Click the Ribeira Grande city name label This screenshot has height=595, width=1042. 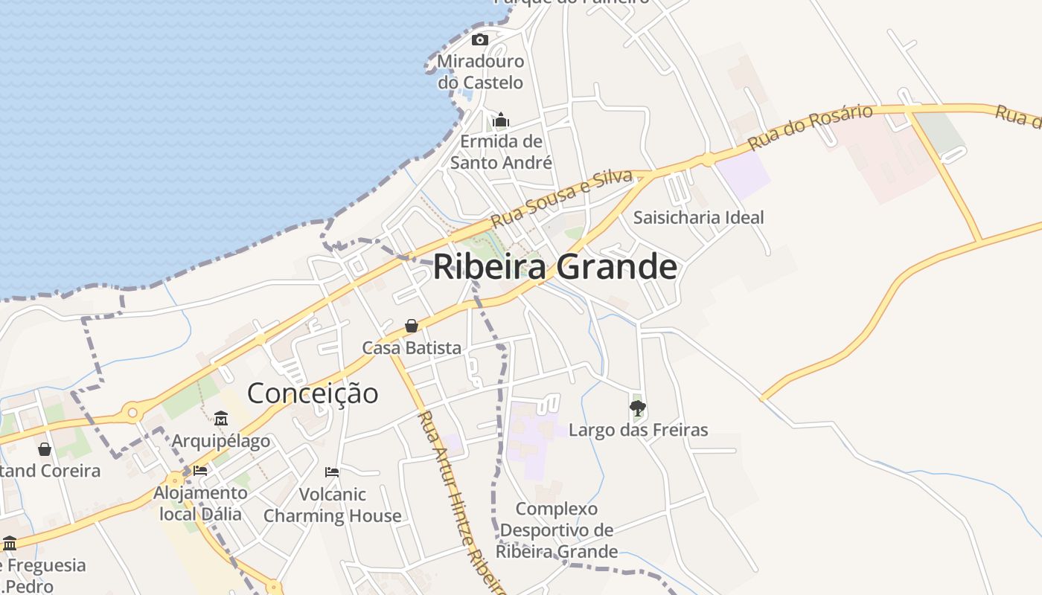coord(554,267)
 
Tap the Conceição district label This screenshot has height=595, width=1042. coord(313,393)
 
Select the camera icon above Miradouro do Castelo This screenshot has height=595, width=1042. coord(480,39)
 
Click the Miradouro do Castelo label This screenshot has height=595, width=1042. coord(481,71)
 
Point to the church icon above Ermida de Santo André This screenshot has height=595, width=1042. coord(501,120)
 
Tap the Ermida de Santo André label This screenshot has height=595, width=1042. coord(501,152)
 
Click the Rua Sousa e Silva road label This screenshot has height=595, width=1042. coord(562,198)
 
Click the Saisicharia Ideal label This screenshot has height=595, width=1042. coord(698,217)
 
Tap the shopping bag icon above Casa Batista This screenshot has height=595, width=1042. coord(411,326)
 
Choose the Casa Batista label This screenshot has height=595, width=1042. coord(412,347)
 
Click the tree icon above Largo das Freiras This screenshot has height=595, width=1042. coord(637,408)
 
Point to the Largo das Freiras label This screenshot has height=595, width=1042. coord(638,429)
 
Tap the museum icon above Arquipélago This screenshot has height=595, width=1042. coord(221,419)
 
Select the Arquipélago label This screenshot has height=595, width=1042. coord(221,441)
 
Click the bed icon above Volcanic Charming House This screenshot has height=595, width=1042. coord(332,472)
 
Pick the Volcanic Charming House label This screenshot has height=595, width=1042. coord(332,505)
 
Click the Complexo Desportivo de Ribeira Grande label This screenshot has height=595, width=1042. coord(557,530)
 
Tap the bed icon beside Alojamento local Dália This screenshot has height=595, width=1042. coord(199,470)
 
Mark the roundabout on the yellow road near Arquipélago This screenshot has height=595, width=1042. coord(132,411)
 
